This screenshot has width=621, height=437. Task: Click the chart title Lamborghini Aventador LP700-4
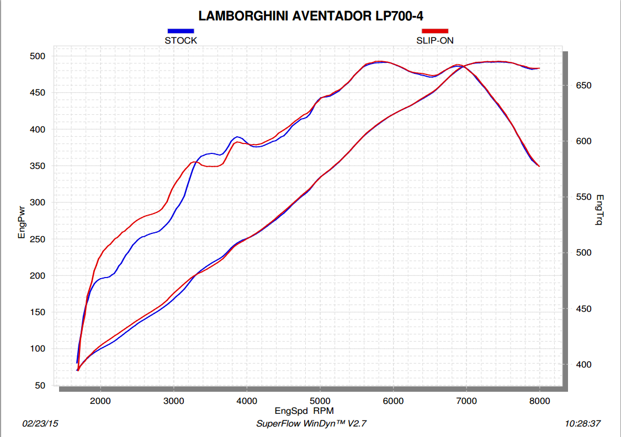pos(311,15)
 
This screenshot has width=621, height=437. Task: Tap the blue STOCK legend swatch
pos(181,31)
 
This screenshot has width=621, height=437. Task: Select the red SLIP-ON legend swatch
pos(435,31)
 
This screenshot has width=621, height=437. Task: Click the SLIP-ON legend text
pos(435,40)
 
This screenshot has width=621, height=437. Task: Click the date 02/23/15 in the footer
pos(40,424)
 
